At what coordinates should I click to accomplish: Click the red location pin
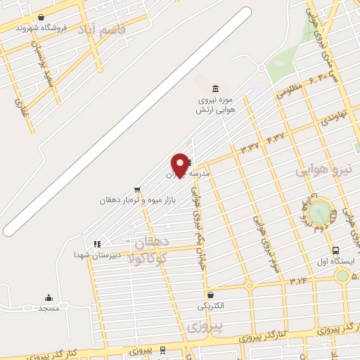180,165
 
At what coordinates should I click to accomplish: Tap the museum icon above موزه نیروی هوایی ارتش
215,88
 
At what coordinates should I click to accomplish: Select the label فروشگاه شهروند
63,27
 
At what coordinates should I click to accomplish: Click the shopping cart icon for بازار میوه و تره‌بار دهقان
137,189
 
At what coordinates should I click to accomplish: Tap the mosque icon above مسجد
49,297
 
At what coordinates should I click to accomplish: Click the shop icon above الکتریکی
211,295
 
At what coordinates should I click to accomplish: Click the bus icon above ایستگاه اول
335,250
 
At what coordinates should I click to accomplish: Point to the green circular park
320,210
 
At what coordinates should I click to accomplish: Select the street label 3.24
298,281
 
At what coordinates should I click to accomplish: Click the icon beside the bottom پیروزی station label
163,349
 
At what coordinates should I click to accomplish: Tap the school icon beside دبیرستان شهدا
97,244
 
